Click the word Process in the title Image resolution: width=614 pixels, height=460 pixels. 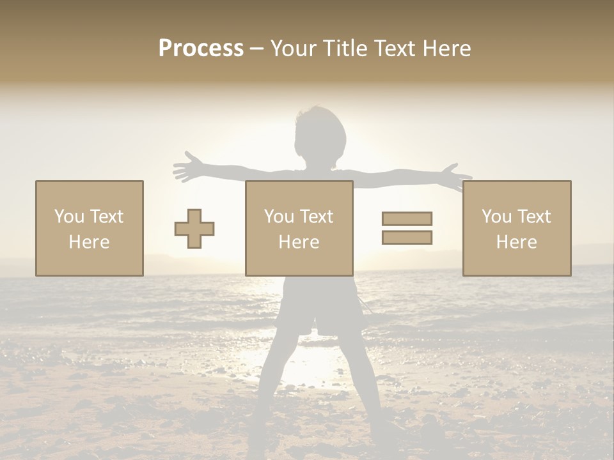pos(201,49)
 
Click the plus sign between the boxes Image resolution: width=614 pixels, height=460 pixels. pos(194,229)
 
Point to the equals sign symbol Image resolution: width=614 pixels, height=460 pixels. pos(407,228)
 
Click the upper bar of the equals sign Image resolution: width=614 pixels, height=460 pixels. pos(407,219)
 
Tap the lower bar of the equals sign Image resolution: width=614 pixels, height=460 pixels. pos(407,237)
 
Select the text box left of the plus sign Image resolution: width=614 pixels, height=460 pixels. pos(90,228)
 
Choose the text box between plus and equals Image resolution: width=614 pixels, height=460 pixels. pos(299,228)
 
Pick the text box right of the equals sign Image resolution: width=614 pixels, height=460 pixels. pos(517,228)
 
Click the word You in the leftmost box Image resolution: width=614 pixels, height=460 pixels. pos(69,217)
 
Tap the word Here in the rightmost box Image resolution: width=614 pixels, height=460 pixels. pos(517,242)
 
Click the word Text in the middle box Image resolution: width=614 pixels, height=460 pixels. pos(317,217)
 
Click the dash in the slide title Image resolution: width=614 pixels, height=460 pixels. pos(257,49)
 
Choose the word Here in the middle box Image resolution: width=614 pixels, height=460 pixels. pos(299,242)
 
